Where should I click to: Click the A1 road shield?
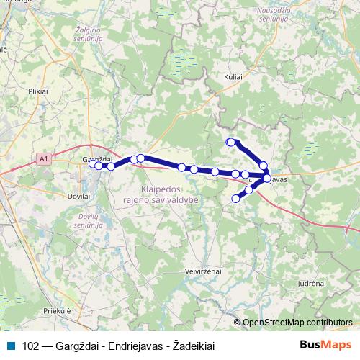(44, 158)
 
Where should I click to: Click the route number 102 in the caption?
(30, 346)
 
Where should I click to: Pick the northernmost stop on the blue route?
(230, 142)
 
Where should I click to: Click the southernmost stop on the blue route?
(235, 199)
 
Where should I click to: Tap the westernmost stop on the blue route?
(93, 164)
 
